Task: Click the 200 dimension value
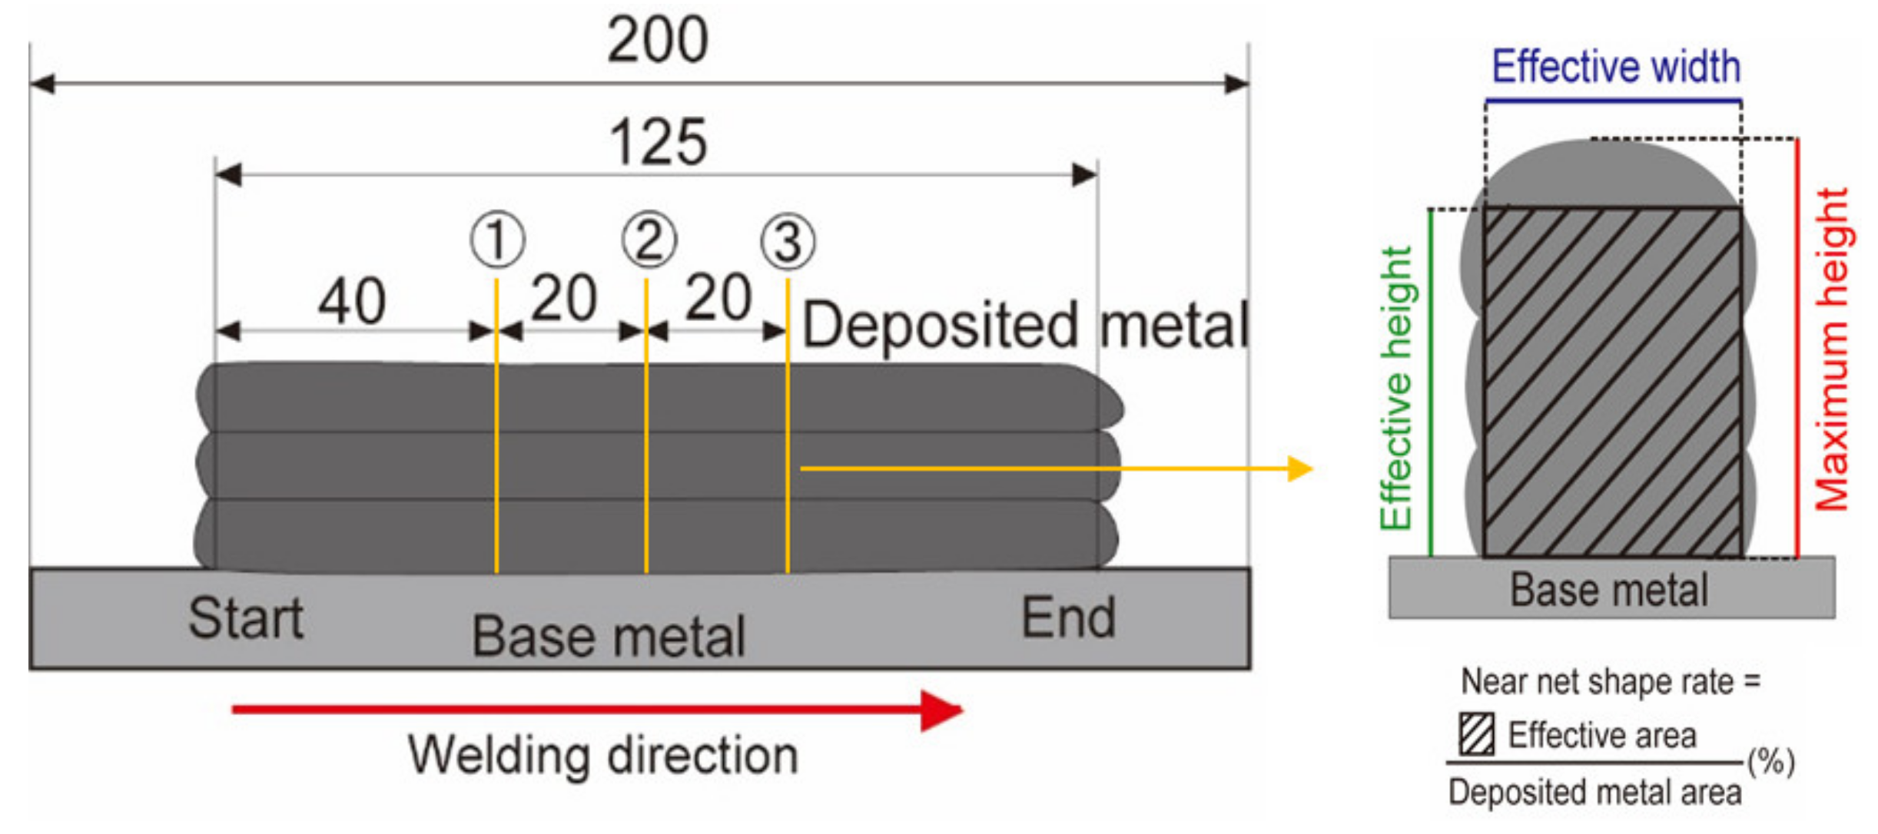point(657,40)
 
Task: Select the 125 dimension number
point(657,142)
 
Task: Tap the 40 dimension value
point(352,301)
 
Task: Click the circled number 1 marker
point(497,240)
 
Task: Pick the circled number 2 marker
point(649,240)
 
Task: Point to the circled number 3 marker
point(788,242)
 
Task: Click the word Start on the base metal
point(246,618)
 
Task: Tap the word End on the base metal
point(1068,618)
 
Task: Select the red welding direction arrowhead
point(941,710)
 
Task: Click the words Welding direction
point(603,755)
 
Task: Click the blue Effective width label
point(1615,67)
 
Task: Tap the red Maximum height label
point(1833,349)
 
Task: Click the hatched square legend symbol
point(1476,733)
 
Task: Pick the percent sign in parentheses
point(1771,762)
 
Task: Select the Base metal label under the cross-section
point(1610,590)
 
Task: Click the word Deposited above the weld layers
point(940,326)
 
